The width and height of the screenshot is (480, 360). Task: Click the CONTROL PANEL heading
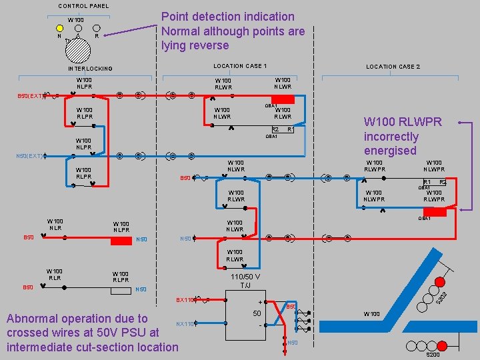(x=83, y=6)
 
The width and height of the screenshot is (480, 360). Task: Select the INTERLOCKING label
(x=90, y=69)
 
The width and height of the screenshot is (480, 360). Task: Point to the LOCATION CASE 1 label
(x=240, y=66)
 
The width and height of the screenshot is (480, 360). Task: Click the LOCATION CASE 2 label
(x=393, y=67)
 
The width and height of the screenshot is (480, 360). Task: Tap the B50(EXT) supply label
(x=31, y=96)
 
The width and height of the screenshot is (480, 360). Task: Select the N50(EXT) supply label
(x=31, y=156)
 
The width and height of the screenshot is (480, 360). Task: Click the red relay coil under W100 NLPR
(x=121, y=241)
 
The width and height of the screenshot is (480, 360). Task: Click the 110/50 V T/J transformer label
(x=245, y=281)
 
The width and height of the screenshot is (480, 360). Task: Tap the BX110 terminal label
(x=185, y=301)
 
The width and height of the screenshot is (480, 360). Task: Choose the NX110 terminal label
(x=185, y=324)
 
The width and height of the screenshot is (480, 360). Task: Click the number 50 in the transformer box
(x=257, y=313)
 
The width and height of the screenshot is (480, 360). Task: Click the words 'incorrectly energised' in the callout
(x=391, y=143)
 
